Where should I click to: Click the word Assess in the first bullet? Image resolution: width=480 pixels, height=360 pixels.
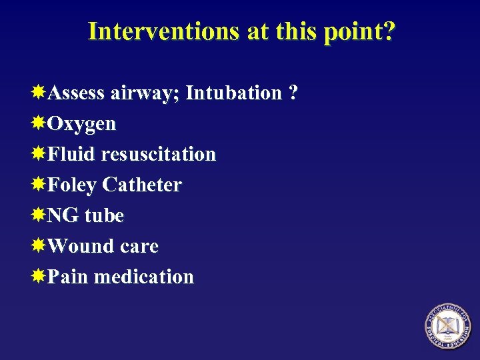click(x=76, y=93)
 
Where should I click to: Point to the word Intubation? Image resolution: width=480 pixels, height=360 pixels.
click(x=233, y=93)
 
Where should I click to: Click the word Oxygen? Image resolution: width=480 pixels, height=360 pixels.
click(x=82, y=125)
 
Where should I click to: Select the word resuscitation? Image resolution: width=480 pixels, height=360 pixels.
click(x=159, y=154)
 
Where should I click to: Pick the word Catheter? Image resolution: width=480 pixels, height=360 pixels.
click(x=142, y=185)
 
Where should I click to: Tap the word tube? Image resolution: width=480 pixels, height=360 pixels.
click(x=104, y=215)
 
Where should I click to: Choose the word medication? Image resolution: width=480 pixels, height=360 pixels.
click(x=144, y=277)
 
